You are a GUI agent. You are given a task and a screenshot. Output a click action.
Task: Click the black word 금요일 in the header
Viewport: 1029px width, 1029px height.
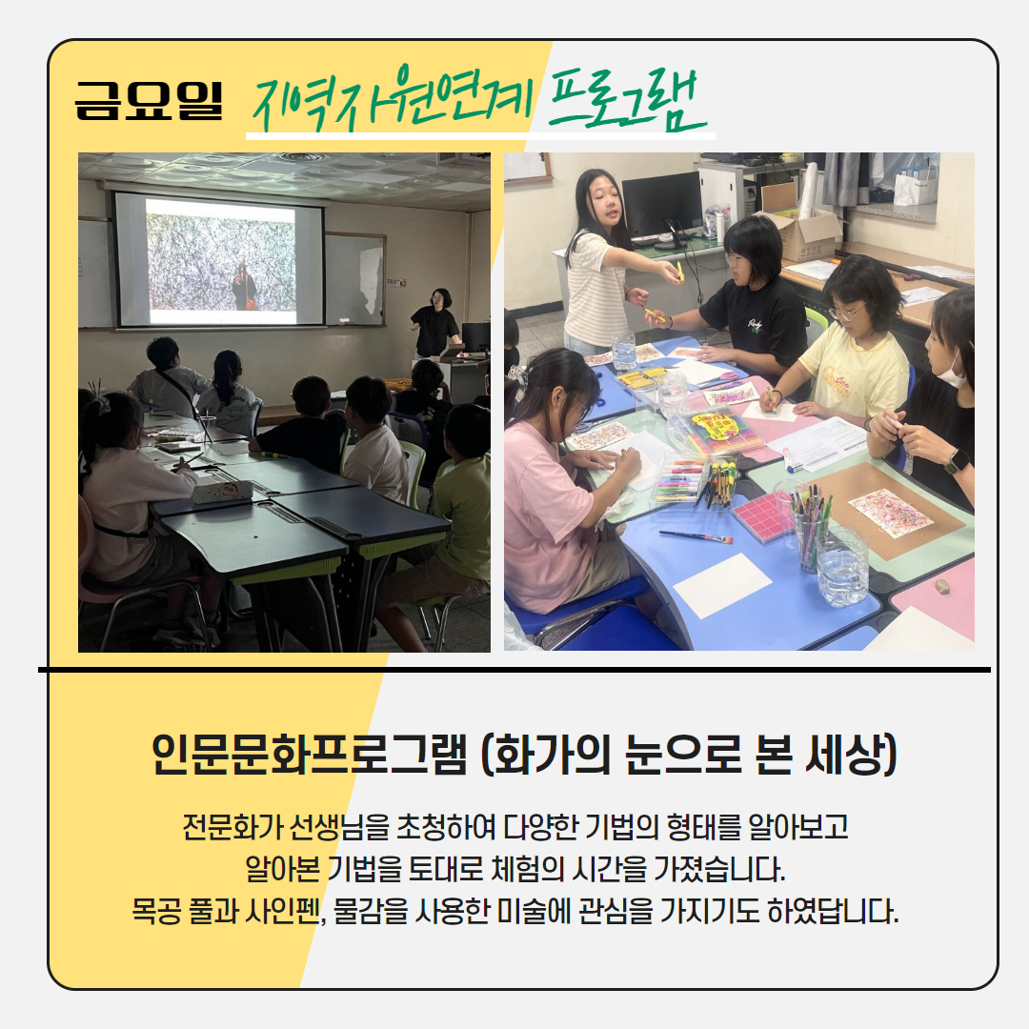point(149,100)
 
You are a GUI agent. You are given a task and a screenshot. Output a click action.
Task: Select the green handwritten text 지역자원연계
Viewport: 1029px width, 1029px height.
point(392,100)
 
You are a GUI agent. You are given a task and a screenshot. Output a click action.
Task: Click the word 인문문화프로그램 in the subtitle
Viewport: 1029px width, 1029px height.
point(309,754)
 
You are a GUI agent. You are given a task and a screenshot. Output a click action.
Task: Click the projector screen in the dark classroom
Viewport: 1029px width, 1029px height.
point(219,260)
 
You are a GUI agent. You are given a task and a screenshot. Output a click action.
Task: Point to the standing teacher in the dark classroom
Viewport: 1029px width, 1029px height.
point(435,326)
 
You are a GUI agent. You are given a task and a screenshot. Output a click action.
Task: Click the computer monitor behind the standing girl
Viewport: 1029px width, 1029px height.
point(661,205)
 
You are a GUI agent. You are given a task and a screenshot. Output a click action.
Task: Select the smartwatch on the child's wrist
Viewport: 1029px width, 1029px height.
point(957,461)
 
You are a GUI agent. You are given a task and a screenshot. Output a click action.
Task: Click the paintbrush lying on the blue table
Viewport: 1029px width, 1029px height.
point(696,536)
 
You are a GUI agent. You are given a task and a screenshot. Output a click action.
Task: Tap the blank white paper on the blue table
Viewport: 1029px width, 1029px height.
point(722,585)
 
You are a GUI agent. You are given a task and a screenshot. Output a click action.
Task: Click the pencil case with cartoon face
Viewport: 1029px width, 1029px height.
point(222,491)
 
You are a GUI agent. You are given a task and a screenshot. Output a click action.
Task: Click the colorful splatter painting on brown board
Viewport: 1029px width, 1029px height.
point(891,512)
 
